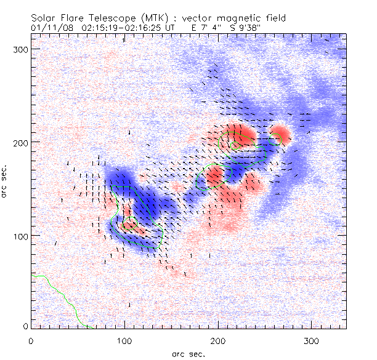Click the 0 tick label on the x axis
pyautogui.click(x=31, y=340)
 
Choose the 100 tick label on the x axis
pyautogui.click(x=124, y=340)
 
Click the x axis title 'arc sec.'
pyautogui.click(x=188, y=353)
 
